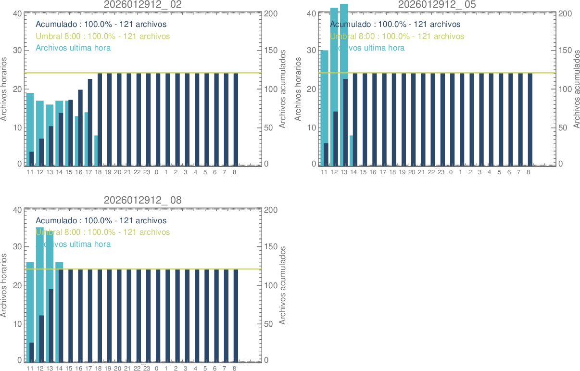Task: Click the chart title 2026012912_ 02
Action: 143,4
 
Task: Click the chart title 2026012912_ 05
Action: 437,4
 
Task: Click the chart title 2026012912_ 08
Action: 143,200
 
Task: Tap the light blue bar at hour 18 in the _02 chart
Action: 96,151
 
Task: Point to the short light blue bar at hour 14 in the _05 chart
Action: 352,151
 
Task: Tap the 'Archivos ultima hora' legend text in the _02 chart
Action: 73,48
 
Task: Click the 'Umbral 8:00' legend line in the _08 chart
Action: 102,232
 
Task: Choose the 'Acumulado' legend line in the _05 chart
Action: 395,24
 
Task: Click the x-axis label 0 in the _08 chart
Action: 156,368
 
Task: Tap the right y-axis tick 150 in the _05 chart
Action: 565,51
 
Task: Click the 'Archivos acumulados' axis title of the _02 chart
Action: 283,89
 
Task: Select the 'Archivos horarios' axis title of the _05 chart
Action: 298,89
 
